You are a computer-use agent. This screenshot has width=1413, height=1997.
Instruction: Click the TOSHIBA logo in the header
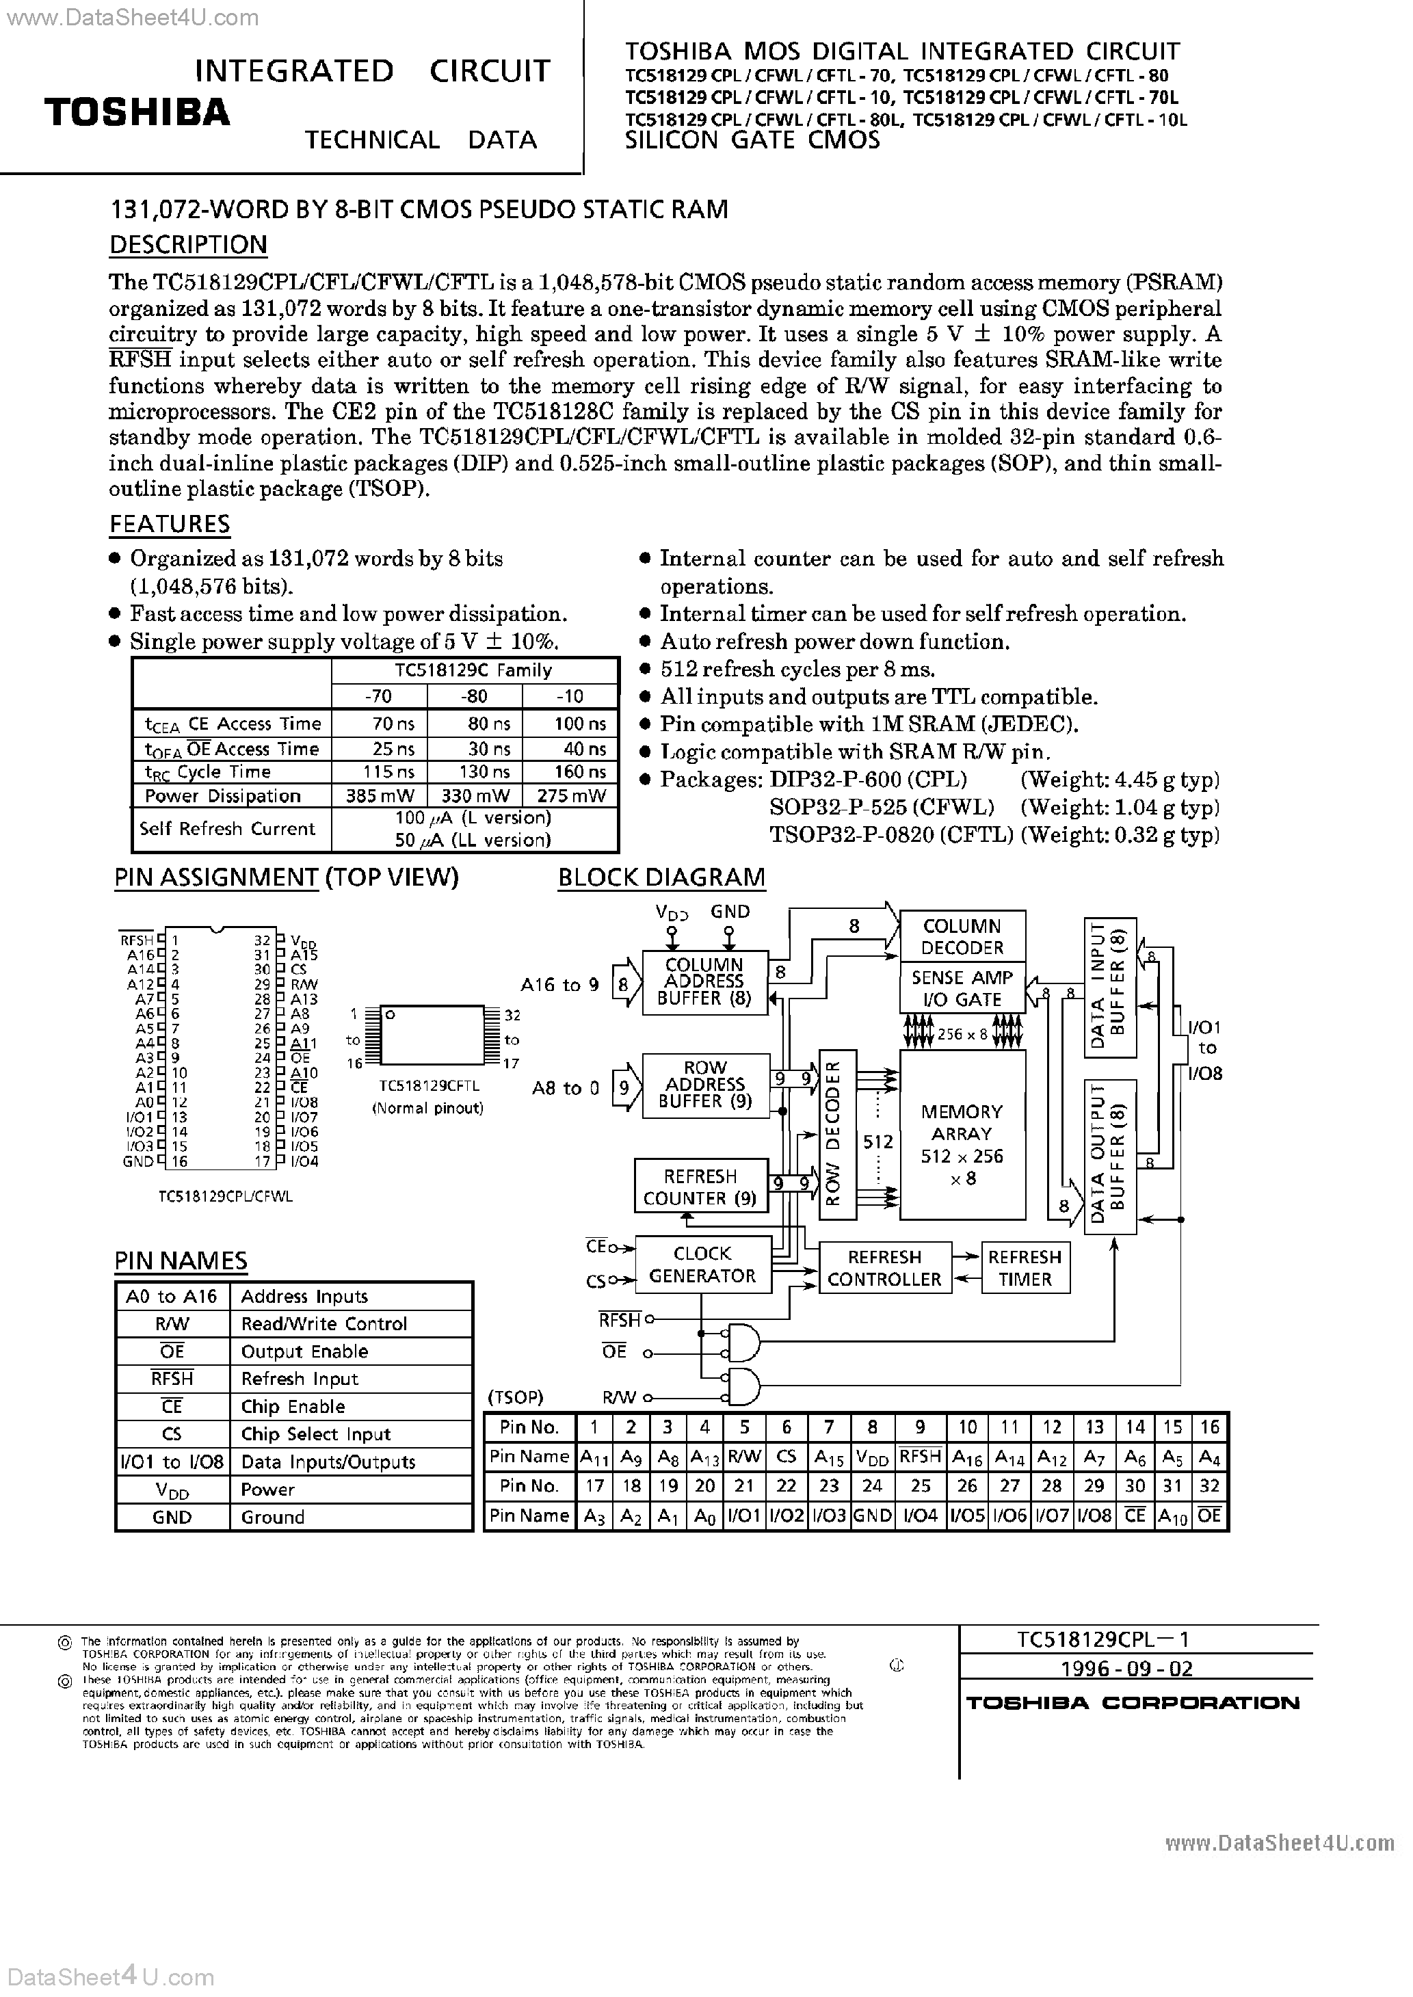(x=137, y=113)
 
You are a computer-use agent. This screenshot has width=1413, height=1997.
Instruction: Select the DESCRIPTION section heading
(x=188, y=246)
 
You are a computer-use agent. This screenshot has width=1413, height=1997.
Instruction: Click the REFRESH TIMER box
(x=1025, y=1268)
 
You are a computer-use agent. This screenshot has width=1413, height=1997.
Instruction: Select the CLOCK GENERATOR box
(x=702, y=1265)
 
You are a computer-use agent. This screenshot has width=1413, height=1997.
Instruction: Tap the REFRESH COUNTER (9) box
(x=700, y=1187)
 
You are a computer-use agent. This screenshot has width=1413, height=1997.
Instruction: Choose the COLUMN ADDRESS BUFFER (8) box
(x=704, y=982)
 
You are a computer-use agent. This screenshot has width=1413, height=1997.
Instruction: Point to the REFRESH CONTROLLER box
(x=884, y=1268)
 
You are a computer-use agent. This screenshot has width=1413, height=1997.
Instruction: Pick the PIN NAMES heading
(x=181, y=1261)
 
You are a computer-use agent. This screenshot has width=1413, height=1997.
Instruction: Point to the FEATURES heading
(x=170, y=525)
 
